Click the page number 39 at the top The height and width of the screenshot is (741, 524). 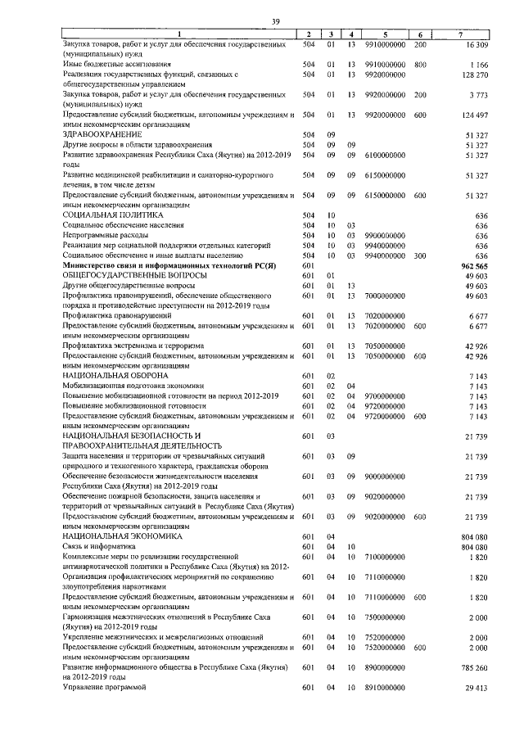(x=276, y=20)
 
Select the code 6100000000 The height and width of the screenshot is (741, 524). (x=386, y=154)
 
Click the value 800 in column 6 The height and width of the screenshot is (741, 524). (x=421, y=63)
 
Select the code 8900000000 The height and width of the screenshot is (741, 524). (x=386, y=667)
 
